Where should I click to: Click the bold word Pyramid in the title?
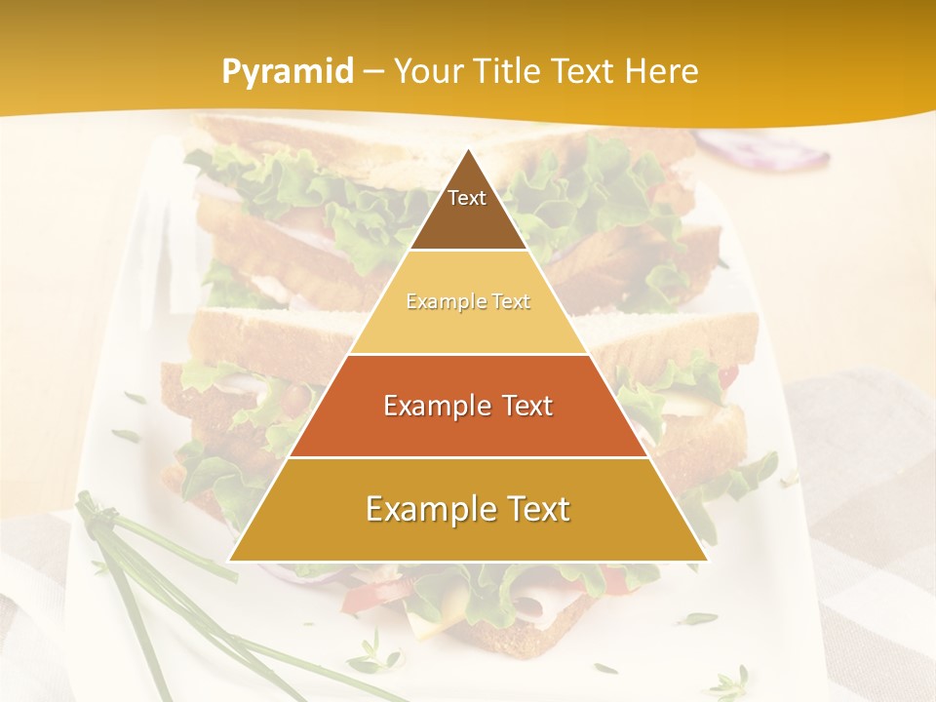[x=287, y=72]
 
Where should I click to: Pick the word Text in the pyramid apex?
[x=467, y=198]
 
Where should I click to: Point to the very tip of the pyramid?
[x=468, y=150]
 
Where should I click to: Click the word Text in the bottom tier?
[x=537, y=509]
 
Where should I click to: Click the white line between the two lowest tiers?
[x=468, y=457]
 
